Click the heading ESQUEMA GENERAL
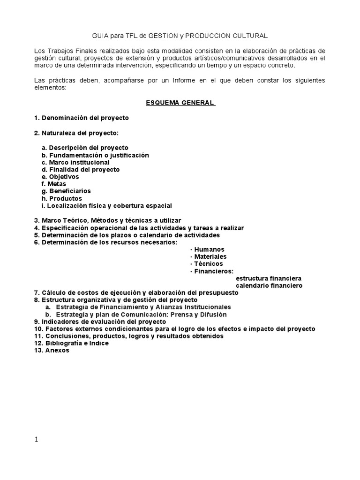point(180,103)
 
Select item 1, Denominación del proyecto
point(81,118)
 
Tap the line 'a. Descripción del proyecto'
point(84,147)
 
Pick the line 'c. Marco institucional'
point(75,162)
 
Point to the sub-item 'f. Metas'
point(54,184)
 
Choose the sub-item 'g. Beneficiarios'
point(66,191)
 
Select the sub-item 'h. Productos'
point(62,198)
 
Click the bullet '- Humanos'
point(207,249)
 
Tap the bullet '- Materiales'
point(208,256)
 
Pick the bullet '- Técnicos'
point(206,264)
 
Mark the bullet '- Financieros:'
point(212,271)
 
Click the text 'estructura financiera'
point(268,278)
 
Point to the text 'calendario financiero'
point(269,285)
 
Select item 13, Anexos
point(51,350)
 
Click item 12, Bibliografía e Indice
point(71,343)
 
